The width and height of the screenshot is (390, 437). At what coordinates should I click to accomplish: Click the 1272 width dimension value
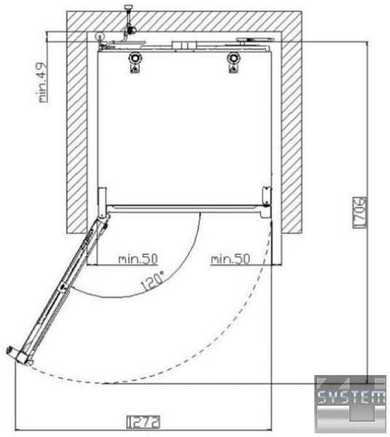tap(143, 422)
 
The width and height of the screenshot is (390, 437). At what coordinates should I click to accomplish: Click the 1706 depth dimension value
tap(359, 213)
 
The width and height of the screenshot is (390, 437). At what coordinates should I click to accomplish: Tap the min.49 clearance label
tap(43, 82)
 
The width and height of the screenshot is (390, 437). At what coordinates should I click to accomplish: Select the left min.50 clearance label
tap(138, 259)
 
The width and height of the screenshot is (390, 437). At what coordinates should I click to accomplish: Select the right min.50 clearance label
tap(230, 259)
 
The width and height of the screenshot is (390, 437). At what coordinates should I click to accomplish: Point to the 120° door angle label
tap(153, 281)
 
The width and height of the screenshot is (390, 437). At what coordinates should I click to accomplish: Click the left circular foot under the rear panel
tap(135, 58)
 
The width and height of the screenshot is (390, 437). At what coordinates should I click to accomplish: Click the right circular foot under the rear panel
tap(234, 58)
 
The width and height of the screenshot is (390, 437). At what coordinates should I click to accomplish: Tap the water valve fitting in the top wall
tap(129, 24)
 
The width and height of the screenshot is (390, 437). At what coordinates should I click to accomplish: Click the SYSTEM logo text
tap(351, 396)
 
